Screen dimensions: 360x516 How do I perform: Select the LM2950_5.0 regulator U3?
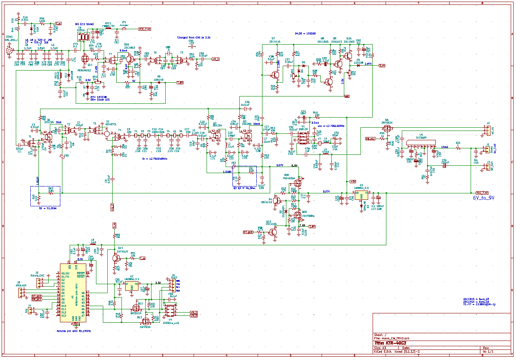pos(361,193)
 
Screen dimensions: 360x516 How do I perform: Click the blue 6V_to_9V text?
pos(484,198)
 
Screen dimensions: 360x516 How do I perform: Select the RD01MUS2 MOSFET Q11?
pos(85,59)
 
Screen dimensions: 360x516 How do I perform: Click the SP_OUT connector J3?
pos(488,167)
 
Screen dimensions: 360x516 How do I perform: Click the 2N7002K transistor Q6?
pos(387,129)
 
